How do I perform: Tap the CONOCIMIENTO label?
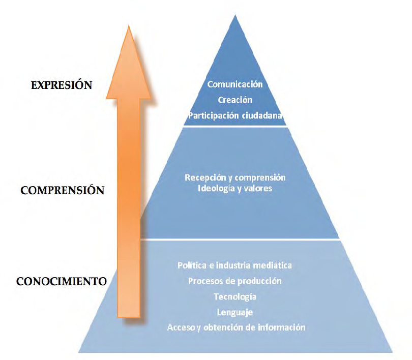(x=61, y=281)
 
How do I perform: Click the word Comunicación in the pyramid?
(x=235, y=84)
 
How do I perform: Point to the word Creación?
(x=236, y=100)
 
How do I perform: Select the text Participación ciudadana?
(x=236, y=115)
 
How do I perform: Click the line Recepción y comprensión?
(x=235, y=177)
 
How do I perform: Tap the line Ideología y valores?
(x=235, y=189)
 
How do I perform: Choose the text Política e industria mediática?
(x=235, y=265)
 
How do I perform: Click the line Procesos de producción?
(x=235, y=281)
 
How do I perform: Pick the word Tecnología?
(x=235, y=296)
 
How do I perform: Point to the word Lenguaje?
(x=235, y=312)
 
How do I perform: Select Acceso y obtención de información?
(x=236, y=327)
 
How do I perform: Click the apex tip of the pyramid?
(x=235, y=16)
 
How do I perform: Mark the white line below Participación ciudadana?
(x=235, y=126)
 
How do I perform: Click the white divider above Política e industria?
(x=239, y=239)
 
